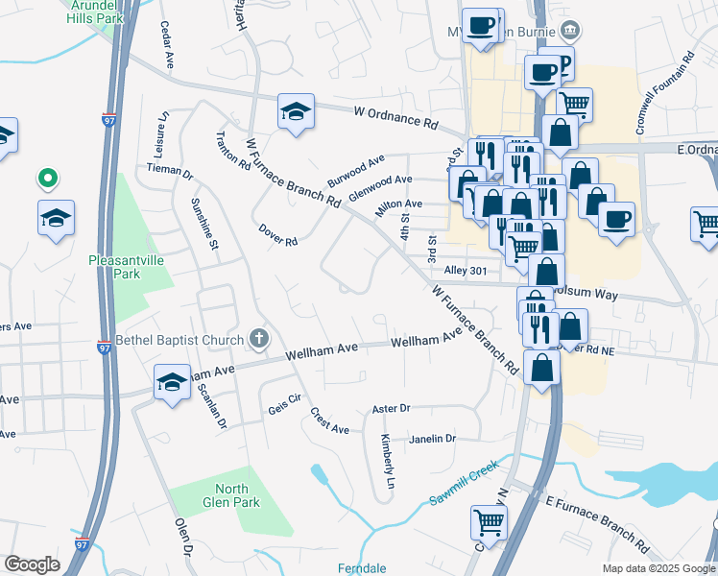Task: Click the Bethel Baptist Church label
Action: [179, 339]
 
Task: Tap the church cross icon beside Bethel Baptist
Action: [257, 338]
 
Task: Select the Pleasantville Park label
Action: [128, 266]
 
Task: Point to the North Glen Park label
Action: [231, 495]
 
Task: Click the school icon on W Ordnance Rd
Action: [296, 111]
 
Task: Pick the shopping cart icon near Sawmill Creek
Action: [489, 523]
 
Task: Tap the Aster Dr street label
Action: [391, 409]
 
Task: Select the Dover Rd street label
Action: [278, 234]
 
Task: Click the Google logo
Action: [32, 564]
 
